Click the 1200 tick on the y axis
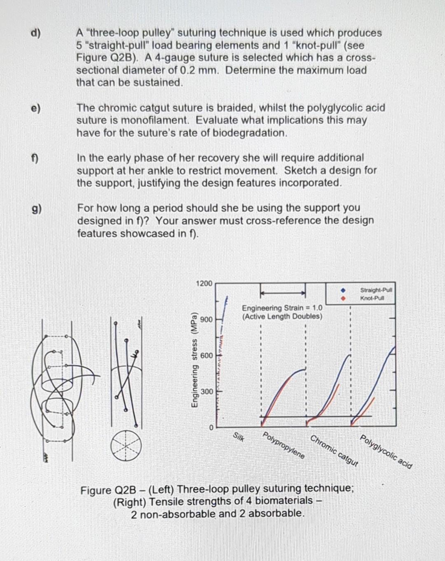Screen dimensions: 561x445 (x=204, y=283)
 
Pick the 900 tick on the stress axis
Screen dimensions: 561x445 (x=206, y=320)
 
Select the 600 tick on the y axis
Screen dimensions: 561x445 (x=206, y=355)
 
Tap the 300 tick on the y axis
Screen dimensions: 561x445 (x=206, y=391)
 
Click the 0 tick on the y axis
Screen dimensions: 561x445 (x=210, y=428)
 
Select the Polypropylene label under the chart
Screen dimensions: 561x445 (x=284, y=446)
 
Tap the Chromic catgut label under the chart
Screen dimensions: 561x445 (x=334, y=450)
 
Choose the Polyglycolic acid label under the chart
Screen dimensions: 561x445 (x=386, y=452)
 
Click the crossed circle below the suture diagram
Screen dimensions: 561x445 (x=126, y=445)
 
